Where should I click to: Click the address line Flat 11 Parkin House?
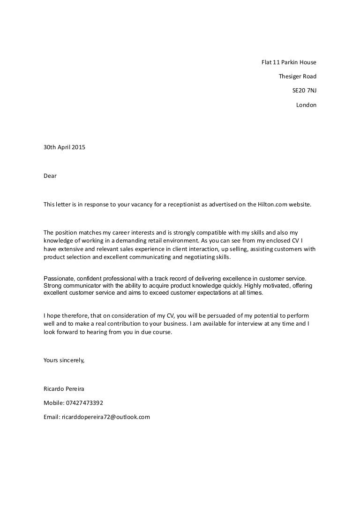[x=289, y=62]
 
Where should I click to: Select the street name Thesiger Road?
[x=297, y=76]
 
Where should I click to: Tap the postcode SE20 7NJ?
[x=304, y=91]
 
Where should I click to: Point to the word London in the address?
[x=306, y=105]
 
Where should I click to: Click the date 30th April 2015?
[x=64, y=147]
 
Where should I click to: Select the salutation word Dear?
[x=50, y=176]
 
